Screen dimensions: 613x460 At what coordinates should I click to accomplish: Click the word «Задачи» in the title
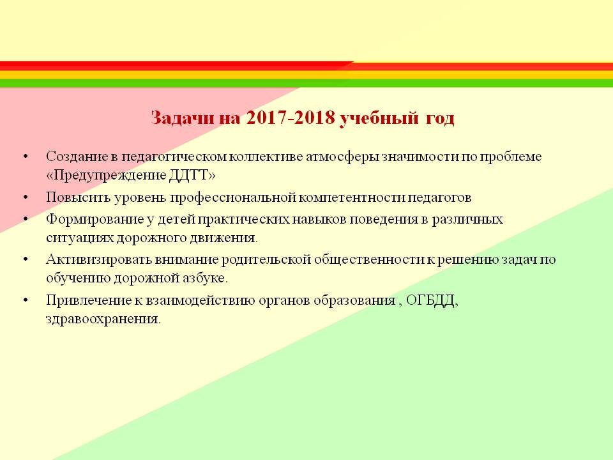[183, 118]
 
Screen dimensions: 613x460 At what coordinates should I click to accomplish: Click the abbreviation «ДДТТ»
[188, 175]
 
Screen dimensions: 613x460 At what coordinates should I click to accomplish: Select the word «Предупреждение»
[110, 175]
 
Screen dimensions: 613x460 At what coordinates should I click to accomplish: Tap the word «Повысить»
[78, 197]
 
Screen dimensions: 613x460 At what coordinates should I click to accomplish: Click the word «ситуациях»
[80, 238]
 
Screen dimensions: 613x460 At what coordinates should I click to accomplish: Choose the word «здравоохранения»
[102, 319]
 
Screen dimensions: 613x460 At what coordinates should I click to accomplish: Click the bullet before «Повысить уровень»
[26, 197]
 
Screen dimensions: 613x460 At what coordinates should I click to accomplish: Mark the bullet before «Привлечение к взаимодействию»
[26, 300]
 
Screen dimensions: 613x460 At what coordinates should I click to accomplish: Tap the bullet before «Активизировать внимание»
[26, 260]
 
